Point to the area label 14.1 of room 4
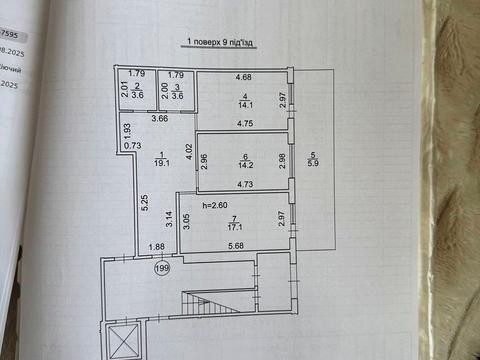(242, 102)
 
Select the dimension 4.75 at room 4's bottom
(242, 123)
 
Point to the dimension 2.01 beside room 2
(125, 90)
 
